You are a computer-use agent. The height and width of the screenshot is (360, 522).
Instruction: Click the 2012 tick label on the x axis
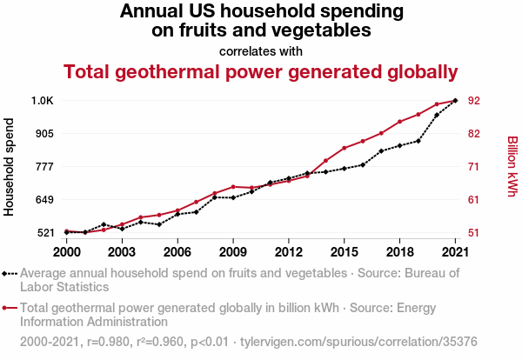point(288,251)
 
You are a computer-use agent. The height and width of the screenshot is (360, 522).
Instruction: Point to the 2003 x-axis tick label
point(122,251)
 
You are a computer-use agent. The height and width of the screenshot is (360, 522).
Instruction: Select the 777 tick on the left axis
point(43,166)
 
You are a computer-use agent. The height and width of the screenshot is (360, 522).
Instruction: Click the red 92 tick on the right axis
point(475,101)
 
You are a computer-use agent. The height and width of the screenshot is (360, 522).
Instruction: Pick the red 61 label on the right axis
point(475,200)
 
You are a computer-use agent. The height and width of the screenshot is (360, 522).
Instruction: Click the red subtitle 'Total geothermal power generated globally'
point(261,71)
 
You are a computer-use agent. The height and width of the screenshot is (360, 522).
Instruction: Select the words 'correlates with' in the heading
point(261,50)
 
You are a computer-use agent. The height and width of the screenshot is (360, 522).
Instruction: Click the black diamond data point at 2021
point(455,101)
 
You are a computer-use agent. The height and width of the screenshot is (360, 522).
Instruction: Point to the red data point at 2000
point(67,231)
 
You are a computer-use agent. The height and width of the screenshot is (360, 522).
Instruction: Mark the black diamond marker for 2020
point(437,115)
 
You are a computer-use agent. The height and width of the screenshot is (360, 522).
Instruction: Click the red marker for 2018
point(399,122)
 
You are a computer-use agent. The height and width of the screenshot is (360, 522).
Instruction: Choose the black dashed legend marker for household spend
point(10,273)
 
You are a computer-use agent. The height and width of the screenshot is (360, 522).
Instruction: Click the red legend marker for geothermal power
point(10,307)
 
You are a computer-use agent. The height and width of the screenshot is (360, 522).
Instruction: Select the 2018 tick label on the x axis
point(399,251)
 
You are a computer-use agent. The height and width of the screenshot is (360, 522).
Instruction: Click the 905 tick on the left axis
point(43,133)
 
